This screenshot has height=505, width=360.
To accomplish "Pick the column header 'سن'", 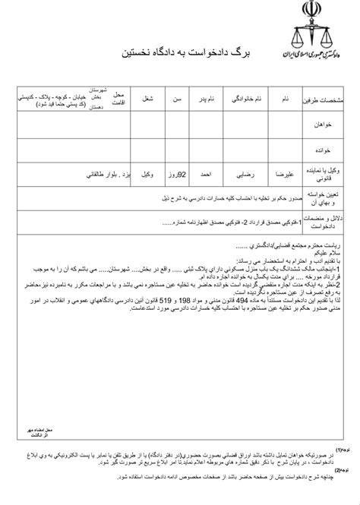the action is point(176,99).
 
